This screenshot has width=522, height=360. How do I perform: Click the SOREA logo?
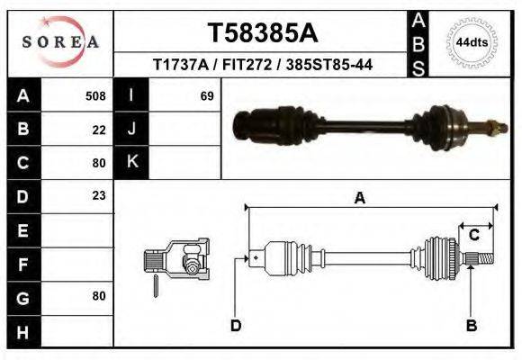coord(60,42)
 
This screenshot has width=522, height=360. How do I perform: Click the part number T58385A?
coord(262,33)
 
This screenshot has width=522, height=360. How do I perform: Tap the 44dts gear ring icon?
coord(472,41)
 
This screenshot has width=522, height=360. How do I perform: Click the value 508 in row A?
coord(95,95)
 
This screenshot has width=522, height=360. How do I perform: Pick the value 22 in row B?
coord(99,129)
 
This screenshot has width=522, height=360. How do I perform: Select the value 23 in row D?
coord(99,195)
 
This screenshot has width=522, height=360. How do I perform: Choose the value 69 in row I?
coord(207,95)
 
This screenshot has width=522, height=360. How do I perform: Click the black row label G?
coord(22,296)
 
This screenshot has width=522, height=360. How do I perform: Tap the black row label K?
coord(131,162)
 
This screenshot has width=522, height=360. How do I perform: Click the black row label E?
coord(22,229)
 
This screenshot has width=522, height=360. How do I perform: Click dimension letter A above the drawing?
coord(359,199)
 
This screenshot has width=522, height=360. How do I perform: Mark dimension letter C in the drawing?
coord(473,235)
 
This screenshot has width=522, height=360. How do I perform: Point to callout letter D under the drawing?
coord(236,325)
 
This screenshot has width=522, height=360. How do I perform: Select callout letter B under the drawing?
coord(471,325)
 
